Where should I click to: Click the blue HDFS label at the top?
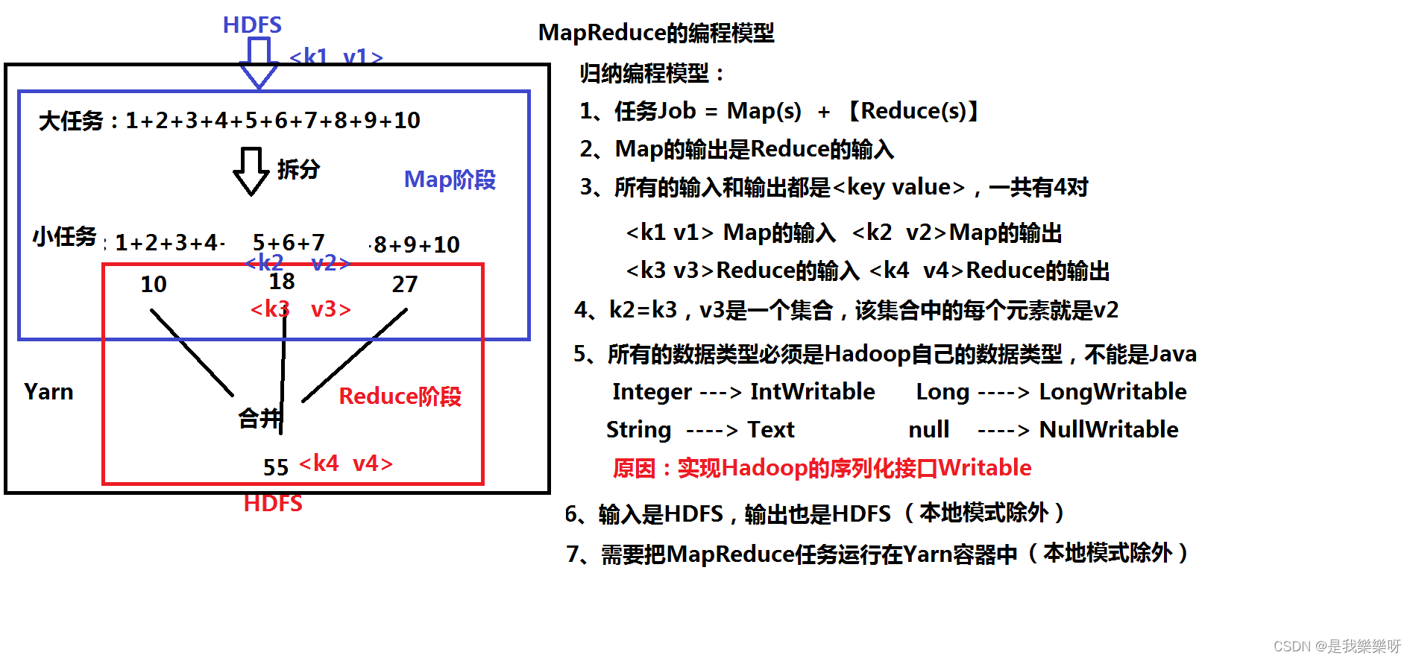click(252, 25)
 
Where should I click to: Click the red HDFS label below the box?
click(273, 503)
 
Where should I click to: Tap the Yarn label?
click(48, 391)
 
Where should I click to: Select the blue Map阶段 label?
click(450, 180)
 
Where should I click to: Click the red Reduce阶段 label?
click(400, 396)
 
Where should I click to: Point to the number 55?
click(275, 467)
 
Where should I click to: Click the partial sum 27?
click(405, 284)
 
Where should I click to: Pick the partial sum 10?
click(154, 284)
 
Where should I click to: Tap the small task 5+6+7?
click(289, 242)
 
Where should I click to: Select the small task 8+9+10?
click(416, 244)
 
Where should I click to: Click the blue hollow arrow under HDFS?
click(259, 63)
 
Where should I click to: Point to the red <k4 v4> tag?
click(345, 464)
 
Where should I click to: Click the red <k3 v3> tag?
click(300, 309)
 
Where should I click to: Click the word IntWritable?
click(812, 391)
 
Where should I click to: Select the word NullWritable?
click(1108, 429)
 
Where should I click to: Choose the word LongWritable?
click(1113, 391)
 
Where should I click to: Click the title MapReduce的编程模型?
click(656, 33)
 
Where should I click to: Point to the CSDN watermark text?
click(1336, 645)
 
